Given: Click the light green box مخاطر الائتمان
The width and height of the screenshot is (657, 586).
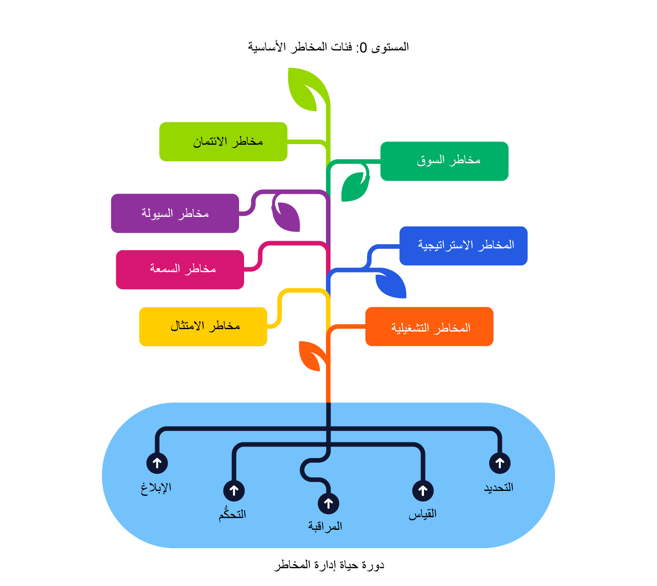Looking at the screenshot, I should pos(223,142).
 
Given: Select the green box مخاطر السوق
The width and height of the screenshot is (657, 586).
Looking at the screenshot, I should pos(444,161).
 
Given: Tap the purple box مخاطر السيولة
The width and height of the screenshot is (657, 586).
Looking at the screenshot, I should pos(175,213).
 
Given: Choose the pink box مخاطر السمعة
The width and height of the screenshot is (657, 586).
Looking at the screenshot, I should pos(180,269).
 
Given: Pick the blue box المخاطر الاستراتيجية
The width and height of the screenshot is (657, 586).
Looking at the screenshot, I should pos(463,246).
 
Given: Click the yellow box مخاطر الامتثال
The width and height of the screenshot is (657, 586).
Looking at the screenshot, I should pos(203,327).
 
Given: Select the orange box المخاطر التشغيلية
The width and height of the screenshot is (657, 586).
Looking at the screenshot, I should pos(430,327).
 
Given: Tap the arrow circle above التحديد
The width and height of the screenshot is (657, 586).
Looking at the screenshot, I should pos(500,463).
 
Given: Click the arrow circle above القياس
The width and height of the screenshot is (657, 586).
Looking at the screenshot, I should pos(423,490).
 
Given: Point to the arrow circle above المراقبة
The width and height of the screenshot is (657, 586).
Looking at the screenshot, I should pos(329,504).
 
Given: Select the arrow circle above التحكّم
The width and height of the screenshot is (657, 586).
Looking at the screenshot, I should pos(234,490).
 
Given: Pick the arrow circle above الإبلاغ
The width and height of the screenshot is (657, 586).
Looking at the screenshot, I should pos(157,463).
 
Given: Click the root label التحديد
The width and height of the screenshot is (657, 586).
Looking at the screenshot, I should pos(499,487).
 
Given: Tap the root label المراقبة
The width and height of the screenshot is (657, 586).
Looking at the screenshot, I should pos(325,526).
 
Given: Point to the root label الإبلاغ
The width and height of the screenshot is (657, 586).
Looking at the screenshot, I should pos(156,487).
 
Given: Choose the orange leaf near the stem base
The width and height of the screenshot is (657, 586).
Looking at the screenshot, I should pos(310,355).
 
